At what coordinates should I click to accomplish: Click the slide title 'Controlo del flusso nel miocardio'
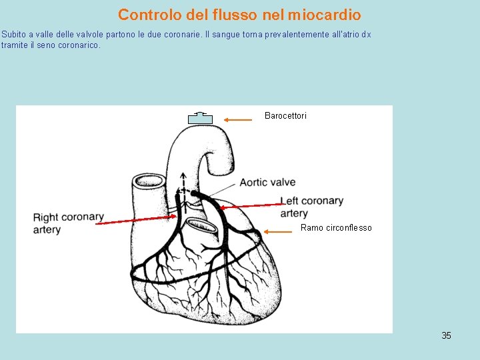(239, 14)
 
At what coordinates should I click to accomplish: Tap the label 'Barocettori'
(285, 116)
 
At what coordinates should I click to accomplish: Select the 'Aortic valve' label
(267, 183)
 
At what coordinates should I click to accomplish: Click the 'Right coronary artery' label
(68, 223)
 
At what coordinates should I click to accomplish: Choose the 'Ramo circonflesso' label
(336, 228)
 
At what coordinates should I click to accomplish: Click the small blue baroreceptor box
(200, 119)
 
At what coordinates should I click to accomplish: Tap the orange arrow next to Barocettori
(237, 120)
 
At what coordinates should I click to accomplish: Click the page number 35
(446, 335)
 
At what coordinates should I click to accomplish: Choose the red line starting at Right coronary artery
(137, 219)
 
